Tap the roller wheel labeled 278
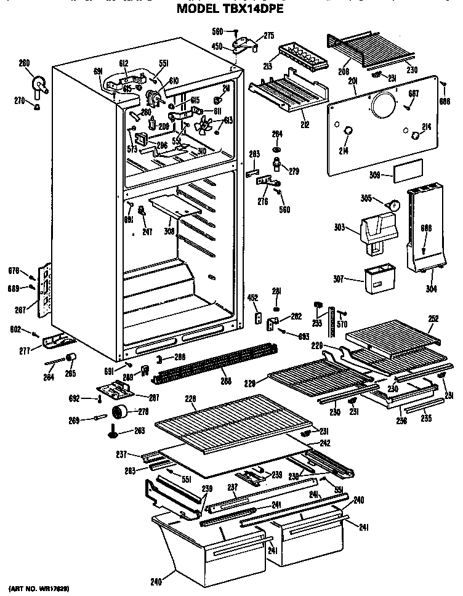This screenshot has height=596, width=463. pos(121,412)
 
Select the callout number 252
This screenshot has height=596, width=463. pos(433,318)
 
